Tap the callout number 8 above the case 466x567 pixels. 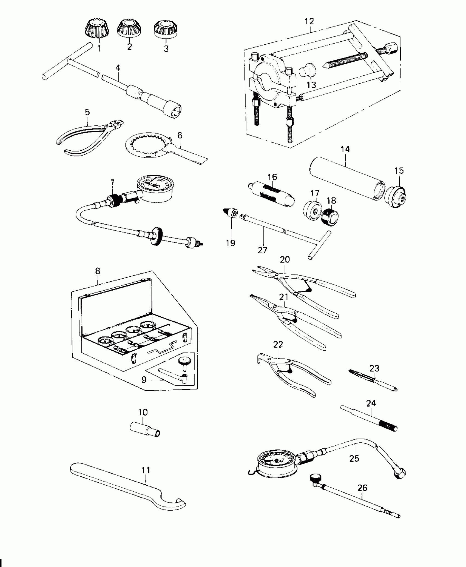tap(98, 271)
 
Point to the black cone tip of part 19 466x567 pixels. tap(227, 211)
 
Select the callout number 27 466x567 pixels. tap(262, 250)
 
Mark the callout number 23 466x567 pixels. tap(374, 368)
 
